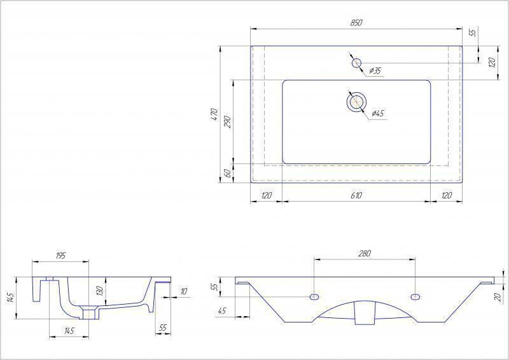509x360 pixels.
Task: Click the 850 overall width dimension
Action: coord(356,23)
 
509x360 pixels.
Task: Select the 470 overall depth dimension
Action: coord(215,115)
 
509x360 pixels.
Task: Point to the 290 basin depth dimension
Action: coord(227,121)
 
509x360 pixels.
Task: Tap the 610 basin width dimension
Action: coord(356,195)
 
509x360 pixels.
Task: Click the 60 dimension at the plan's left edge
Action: coord(227,173)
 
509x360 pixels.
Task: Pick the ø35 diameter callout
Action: coord(375,70)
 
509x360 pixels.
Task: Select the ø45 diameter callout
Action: coord(377,113)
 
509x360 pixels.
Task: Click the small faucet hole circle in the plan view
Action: coord(356,62)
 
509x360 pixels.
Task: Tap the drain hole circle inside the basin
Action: coord(356,101)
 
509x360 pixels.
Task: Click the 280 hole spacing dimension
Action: coord(364,253)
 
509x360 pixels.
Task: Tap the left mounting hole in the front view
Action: coord(314,297)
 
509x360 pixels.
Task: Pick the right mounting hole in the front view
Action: coord(415,297)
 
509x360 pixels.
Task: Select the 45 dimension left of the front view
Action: coord(222,311)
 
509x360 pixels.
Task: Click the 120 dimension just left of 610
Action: coord(267,195)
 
